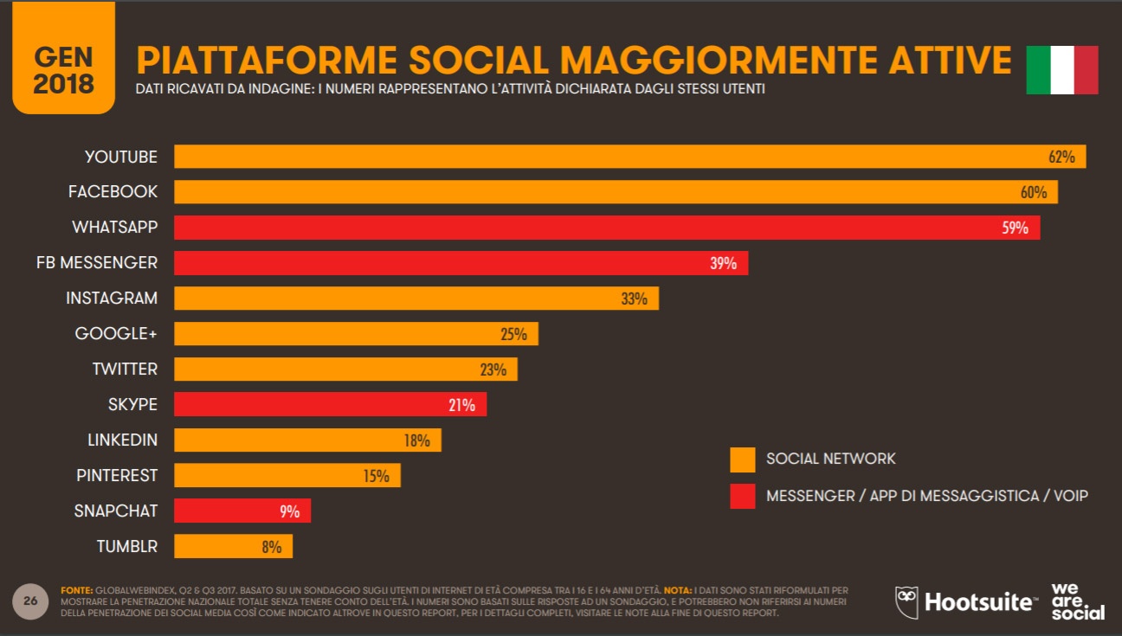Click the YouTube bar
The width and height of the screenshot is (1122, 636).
629,157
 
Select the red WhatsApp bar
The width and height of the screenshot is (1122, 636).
606,228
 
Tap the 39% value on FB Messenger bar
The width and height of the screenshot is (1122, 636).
723,263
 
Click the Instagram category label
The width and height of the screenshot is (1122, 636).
112,298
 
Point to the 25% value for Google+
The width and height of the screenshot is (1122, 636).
513,334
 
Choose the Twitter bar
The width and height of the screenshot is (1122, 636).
345,369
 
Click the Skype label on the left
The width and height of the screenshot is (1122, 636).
132,404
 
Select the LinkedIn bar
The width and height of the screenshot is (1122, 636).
307,440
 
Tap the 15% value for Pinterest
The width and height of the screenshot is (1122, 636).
376,476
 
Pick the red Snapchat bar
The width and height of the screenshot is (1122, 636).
242,511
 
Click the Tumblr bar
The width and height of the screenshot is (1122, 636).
233,547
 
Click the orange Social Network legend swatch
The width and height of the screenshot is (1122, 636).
742,459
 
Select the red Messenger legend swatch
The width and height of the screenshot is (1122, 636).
742,496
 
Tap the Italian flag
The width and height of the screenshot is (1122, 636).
1061,70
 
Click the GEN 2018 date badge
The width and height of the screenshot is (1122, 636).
63,58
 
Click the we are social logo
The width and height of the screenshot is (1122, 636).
1077,601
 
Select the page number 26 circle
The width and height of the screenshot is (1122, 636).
30,601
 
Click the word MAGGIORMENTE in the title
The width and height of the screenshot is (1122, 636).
698,60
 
